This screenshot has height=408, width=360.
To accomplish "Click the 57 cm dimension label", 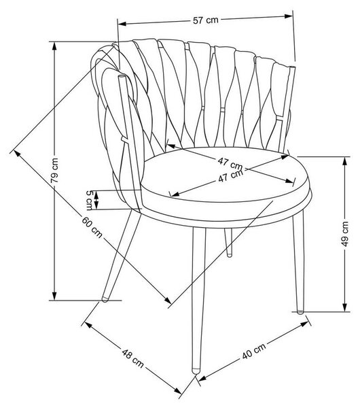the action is pos(206,20).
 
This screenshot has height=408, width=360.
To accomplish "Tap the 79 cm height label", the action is pos(54,171).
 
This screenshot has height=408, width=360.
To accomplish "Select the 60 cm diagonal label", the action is pos(92,227).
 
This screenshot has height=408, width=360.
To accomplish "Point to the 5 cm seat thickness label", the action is pos(90,200).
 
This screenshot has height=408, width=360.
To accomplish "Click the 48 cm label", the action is pos(133,359).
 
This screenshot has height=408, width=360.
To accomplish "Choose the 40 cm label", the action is pos(254,351).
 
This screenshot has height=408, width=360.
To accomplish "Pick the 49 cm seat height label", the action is pos(344,234).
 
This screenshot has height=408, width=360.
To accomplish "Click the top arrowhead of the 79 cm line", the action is pos(54,46).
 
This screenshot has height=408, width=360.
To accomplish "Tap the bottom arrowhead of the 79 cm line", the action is pos(54,296).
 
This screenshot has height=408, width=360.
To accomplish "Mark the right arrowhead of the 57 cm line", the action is pos(289,16).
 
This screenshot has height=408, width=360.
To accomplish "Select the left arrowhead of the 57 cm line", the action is pos(122,24).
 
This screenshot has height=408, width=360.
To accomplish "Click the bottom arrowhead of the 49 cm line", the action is pos(344,307).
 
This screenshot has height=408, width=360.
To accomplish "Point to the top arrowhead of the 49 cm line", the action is pos(344,161).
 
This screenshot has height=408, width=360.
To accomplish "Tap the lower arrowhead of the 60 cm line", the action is pos(168,300).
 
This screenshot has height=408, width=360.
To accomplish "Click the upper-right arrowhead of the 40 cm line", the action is pos(304,324).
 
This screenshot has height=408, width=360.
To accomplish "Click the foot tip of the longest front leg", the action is pos(196,371).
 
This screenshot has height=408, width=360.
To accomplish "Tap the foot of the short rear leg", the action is pos(230,255).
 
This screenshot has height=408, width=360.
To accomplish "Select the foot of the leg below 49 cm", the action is pos(300,311).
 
